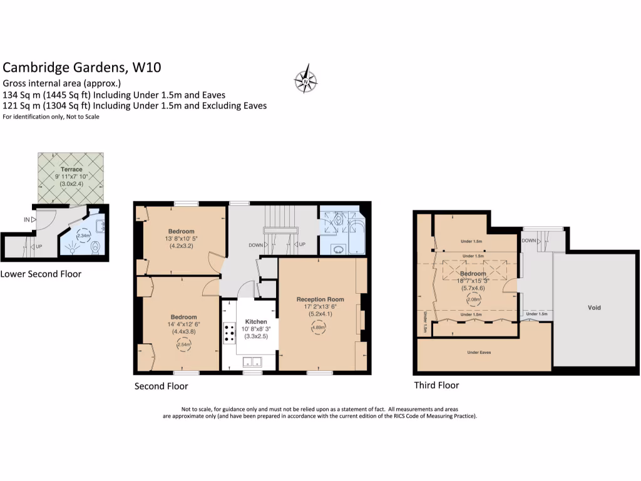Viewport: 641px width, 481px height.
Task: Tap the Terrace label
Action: (71, 170)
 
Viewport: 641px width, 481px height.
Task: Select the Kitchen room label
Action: (255, 321)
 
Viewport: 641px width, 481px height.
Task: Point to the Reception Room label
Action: (320, 299)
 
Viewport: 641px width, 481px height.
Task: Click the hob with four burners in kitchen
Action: (228, 333)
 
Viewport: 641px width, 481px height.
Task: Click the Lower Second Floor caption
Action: (41, 274)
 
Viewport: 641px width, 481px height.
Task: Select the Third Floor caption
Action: (436, 385)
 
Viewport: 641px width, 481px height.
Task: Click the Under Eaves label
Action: (478, 353)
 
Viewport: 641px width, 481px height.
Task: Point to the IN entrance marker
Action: (27, 220)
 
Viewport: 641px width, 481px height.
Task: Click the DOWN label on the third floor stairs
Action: (529, 240)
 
